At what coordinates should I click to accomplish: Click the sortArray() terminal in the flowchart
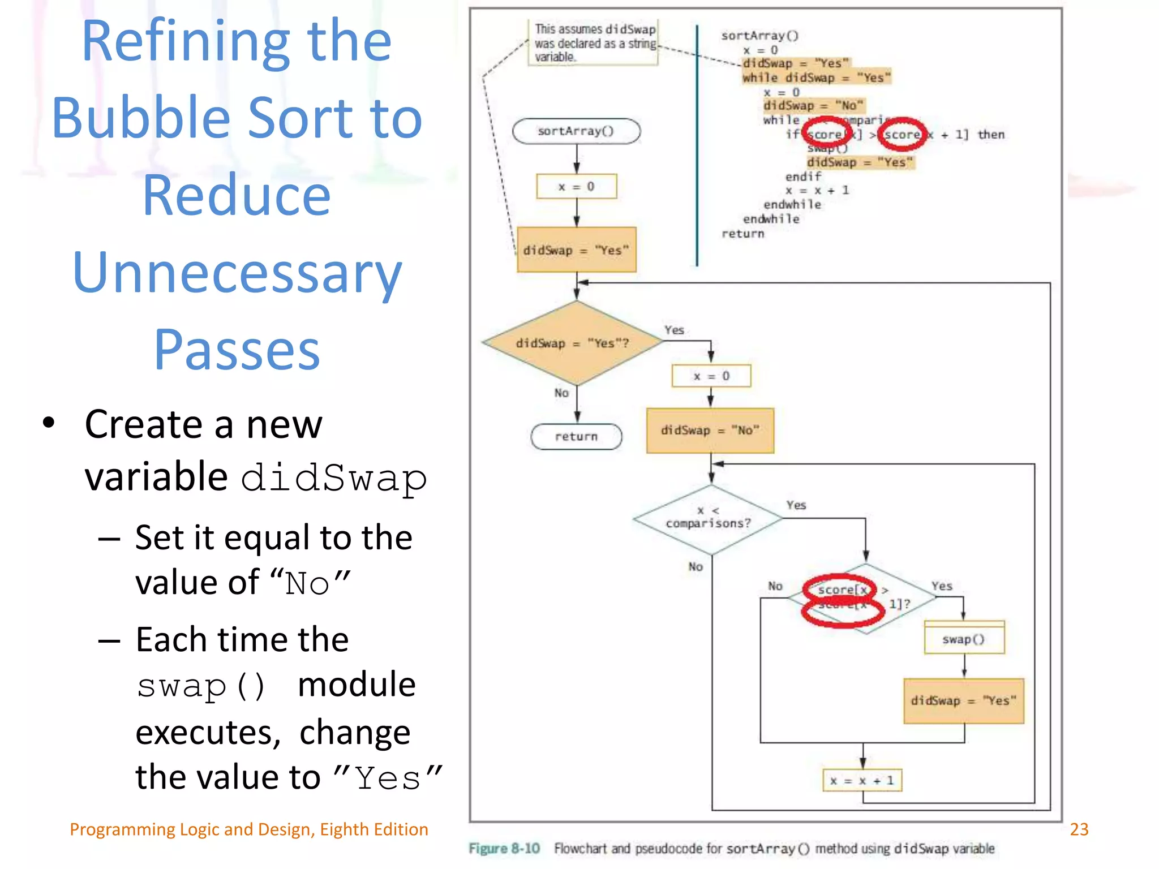click(x=576, y=131)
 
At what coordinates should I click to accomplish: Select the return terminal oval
click(x=576, y=436)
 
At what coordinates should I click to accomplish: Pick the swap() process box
click(x=964, y=639)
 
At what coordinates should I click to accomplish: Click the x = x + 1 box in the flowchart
click(x=862, y=781)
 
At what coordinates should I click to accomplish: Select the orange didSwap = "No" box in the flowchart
click(x=710, y=431)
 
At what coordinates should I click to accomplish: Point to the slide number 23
click(x=1079, y=829)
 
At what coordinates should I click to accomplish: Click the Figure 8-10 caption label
click(x=504, y=849)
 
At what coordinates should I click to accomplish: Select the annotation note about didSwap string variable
click(x=594, y=43)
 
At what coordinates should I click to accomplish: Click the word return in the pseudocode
click(x=742, y=234)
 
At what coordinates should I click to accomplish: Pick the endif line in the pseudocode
click(x=802, y=177)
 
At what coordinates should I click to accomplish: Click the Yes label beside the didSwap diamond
click(x=674, y=330)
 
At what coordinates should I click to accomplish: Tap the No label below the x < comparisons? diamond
click(x=696, y=566)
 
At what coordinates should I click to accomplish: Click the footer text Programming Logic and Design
click(x=248, y=829)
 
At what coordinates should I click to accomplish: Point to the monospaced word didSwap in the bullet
click(x=334, y=478)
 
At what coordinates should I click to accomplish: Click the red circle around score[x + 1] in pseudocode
click(x=902, y=134)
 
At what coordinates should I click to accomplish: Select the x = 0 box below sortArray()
click(x=576, y=187)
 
